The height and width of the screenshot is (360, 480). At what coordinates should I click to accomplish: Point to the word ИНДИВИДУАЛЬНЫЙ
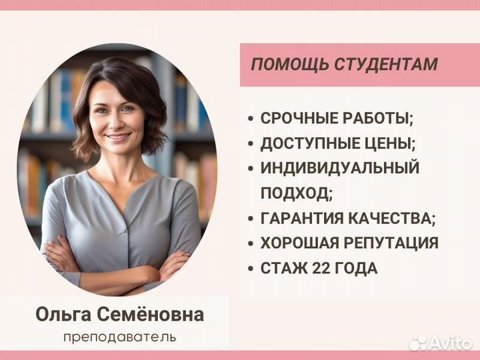point(339,168)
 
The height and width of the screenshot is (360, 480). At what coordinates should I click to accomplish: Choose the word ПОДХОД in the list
point(294,193)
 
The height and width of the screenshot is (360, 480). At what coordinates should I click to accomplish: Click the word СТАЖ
point(283,269)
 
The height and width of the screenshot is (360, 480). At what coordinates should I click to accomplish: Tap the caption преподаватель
point(120,337)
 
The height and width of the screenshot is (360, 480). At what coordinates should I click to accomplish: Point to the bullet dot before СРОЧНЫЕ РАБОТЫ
point(251,120)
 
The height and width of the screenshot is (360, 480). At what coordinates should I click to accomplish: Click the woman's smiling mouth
point(117,137)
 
